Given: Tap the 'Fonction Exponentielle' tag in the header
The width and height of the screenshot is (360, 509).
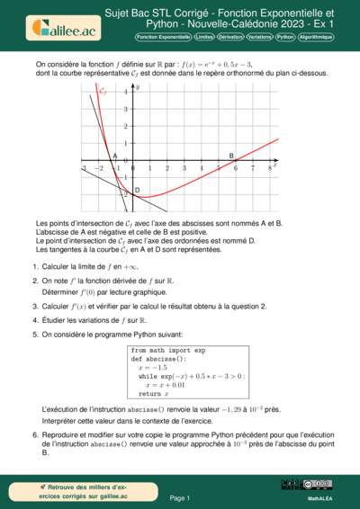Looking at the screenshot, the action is click(x=163, y=39).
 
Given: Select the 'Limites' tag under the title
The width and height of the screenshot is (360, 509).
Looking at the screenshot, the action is click(x=203, y=39).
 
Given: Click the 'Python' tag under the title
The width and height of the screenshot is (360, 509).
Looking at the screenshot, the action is click(x=285, y=39).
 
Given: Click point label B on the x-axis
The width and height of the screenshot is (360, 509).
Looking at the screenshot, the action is click(x=231, y=156).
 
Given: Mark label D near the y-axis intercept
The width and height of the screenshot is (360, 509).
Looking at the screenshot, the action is click(x=137, y=190).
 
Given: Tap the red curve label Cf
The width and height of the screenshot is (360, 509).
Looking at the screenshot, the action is click(x=103, y=92).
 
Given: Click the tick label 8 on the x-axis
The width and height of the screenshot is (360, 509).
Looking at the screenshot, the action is click(x=269, y=169).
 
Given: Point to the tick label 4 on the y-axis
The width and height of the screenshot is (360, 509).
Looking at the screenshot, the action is click(x=127, y=92).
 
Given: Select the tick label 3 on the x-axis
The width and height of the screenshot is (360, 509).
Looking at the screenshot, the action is click(x=184, y=169).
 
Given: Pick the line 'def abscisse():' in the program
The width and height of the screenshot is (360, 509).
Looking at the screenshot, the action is click(x=157, y=358).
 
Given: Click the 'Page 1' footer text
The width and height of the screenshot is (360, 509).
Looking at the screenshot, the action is click(x=180, y=497).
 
